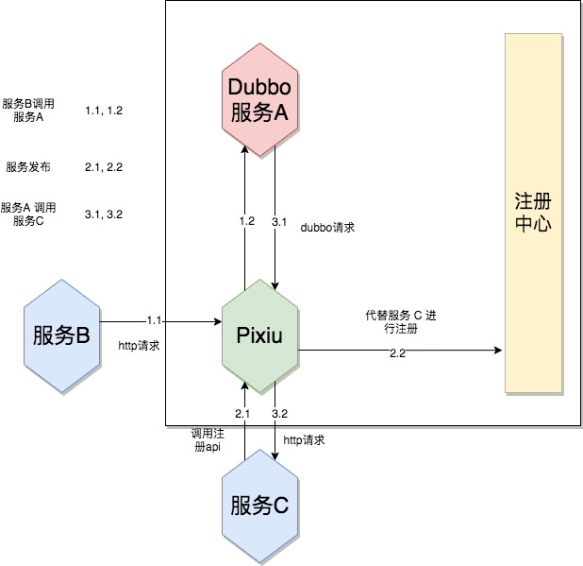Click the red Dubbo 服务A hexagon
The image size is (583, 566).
pyautogui.click(x=258, y=99)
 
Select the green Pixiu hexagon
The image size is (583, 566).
pyautogui.click(x=258, y=336)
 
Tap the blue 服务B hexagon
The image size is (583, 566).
pyautogui.click(x=62, y=335)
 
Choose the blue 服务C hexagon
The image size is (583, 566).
pyautogui.click(x=258, y=506)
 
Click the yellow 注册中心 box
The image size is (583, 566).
pyautogui.click(x=533, y=214)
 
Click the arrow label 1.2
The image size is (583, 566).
pyautogui.click(x=246, y=221)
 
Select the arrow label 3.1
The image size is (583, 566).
pyautogui.click(x=279, y=221)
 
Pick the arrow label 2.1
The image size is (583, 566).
pyautogui.click(x=242, y=414)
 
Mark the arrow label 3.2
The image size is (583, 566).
pyautogui.click(x=279, y=414)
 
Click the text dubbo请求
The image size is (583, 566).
pyautogui.click(x=326, y=228)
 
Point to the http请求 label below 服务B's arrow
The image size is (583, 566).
pyautogui.click(x=138, y=346)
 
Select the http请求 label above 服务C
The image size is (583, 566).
pyautogui.click(x=304, y=440)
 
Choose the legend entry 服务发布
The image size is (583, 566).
pyautogui.click(x=28, y=167)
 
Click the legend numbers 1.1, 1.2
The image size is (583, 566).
pyautogui.click(x=104, y=111)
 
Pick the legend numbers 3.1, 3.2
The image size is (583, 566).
pyautogui.click(x=104, y=214)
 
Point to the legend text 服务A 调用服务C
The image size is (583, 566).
pyautogui.click(x=28, y=214)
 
